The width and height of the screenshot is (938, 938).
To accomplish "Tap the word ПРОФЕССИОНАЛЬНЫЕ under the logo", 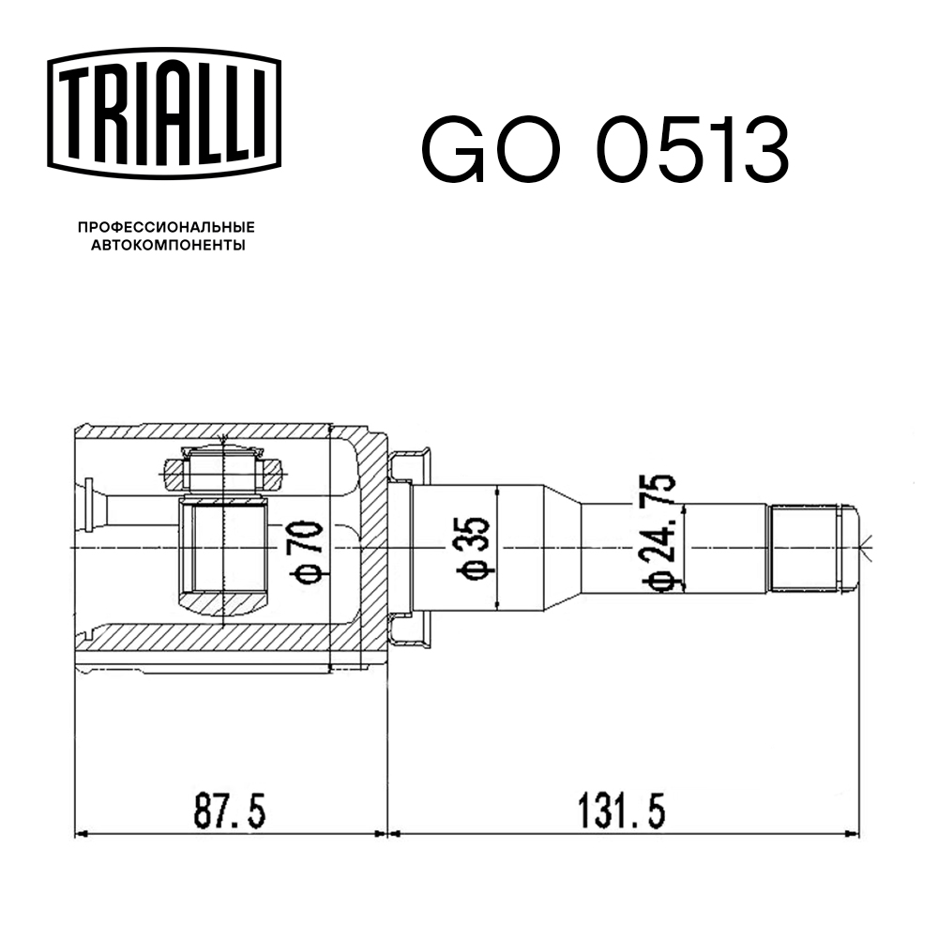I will [x=166, y=227].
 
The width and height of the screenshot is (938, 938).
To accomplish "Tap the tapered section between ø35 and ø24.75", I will [x=561, y=548].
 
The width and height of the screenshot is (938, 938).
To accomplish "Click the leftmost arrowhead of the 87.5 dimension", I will [x=79, y=832].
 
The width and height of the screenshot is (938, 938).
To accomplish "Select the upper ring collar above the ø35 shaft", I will [x=410, y=463].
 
